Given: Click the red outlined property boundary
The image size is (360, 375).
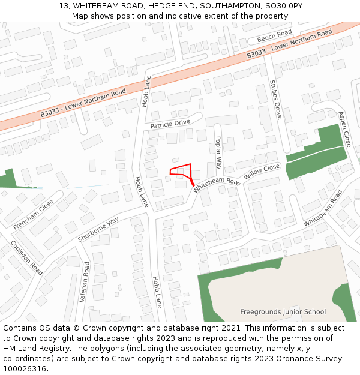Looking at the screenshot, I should [181, 170].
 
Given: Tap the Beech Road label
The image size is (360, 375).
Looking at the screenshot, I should [274, 36].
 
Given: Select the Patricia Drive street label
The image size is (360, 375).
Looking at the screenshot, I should [170, 124].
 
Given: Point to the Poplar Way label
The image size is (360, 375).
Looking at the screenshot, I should [218, 152].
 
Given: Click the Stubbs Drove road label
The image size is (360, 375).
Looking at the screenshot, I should [276, 99].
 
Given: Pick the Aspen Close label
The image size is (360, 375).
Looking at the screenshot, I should [344, 129].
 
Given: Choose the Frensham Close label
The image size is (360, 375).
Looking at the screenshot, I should [33, 214].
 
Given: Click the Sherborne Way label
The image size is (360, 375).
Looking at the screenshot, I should [98, 230].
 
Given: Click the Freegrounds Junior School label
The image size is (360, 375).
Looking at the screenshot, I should [283, 312].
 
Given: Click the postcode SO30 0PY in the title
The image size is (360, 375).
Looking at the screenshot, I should [282, 5].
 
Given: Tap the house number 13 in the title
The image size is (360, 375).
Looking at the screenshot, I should [64, 5].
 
